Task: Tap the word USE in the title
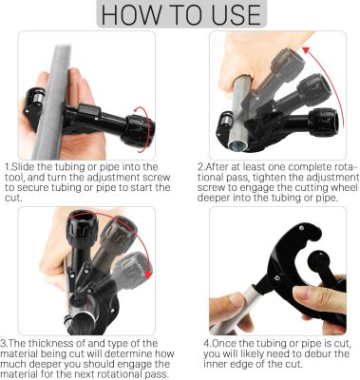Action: (235, 14)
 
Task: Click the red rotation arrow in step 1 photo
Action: (143, 129)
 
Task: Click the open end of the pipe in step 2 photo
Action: (238, 145)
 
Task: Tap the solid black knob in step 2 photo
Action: (324, 123)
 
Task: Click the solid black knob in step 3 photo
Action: (81, 227)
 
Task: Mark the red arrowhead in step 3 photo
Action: (147, 274)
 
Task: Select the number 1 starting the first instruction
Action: (8, 166)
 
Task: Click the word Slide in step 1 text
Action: (24, 166)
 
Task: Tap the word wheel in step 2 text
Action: (344, 187)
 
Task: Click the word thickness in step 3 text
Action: (58, 343)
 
